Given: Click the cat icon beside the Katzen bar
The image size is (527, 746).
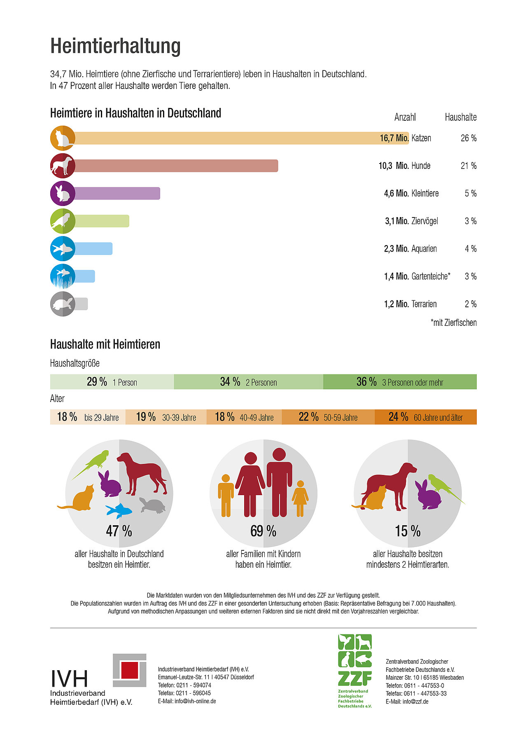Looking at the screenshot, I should [62, 138].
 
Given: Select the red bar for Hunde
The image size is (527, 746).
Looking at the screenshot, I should [176, 166].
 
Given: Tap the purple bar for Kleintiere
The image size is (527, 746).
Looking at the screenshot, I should [117, 193].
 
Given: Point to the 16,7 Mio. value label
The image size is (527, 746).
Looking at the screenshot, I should [394, 138].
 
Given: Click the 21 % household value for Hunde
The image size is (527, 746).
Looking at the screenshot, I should [469, 166].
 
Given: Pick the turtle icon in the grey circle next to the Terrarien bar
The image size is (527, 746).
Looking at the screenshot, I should [62, 304].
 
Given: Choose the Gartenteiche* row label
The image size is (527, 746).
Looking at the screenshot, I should [431, 276].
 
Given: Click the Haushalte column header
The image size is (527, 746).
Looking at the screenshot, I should [460, 117].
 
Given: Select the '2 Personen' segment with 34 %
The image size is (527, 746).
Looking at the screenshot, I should [248, 382].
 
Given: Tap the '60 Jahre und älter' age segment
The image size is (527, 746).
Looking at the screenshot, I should [425, 417].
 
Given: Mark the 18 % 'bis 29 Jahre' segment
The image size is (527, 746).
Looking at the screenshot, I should [88, 417].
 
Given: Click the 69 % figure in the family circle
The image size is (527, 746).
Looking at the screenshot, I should [263, 531].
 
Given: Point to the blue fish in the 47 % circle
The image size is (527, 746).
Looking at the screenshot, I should [119, 510].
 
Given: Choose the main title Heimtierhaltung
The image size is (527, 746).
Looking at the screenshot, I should [115, 46].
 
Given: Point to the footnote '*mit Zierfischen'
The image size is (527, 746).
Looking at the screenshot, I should [453, 323].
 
